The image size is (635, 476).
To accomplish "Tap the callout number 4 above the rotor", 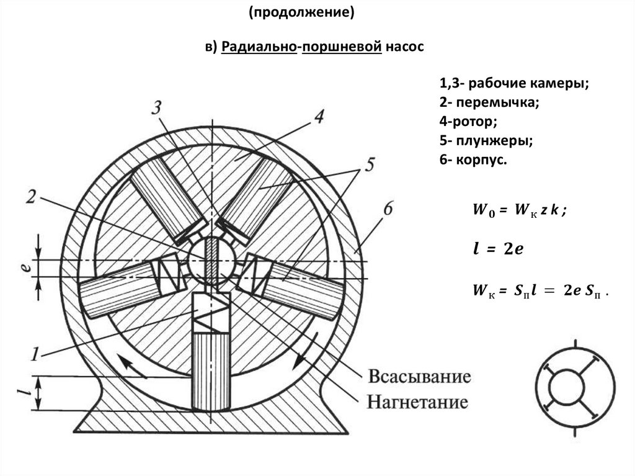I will (x=318, y=117).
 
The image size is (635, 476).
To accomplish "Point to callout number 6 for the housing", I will (x=388, y=210).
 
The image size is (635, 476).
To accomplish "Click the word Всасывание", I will (x=419, y=377).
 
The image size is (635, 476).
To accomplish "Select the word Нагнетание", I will (x=417, y=402).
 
